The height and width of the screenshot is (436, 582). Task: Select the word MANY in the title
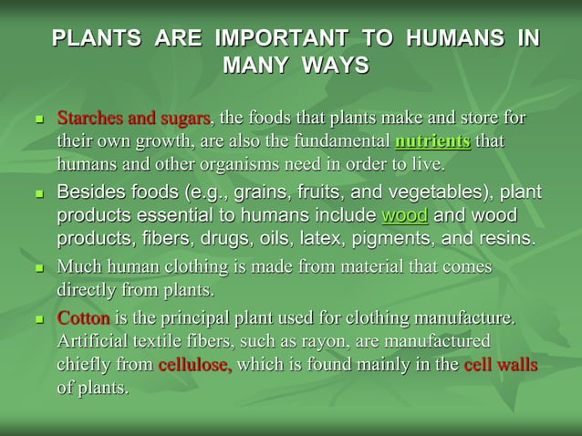[x=253, y=66]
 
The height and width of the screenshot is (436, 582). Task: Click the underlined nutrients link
[x=433, y=142]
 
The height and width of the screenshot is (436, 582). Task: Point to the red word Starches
[x=92, y=119]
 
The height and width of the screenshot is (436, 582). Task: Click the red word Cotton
[x=85, y=318]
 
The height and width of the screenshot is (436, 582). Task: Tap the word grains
[x=236, y=193]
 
